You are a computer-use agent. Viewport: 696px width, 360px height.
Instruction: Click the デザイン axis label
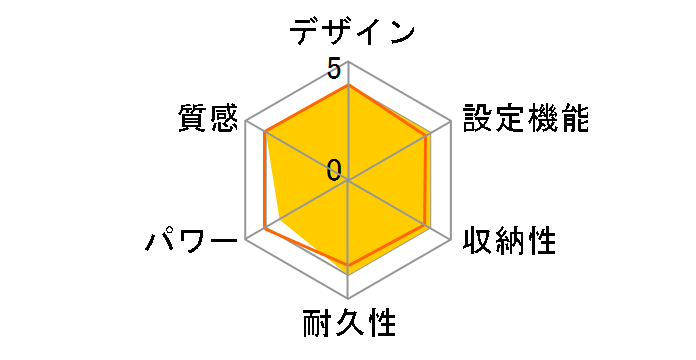352,31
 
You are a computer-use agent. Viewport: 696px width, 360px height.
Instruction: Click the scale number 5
333,70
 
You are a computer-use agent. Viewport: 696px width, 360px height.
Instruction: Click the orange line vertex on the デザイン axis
348,86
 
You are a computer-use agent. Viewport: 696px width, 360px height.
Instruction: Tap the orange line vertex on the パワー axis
264,229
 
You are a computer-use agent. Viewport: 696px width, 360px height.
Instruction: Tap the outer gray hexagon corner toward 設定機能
450,122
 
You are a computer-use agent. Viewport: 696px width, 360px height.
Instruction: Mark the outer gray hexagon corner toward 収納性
450,240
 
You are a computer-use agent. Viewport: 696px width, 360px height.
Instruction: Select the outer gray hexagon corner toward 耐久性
348,299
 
